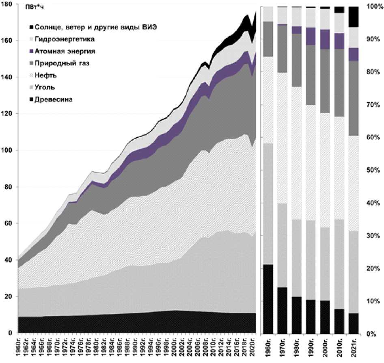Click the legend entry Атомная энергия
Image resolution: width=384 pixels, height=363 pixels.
[65, 51]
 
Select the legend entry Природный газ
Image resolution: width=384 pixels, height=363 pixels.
[62, 63]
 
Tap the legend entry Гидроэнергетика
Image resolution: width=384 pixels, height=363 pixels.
[65, 39]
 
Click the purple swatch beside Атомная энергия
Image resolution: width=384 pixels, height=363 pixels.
[31, 51]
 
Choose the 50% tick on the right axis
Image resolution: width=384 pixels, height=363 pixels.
[372, 171]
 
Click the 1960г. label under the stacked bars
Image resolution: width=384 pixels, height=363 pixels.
[268, 348]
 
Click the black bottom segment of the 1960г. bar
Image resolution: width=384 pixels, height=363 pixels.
[268, 299]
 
